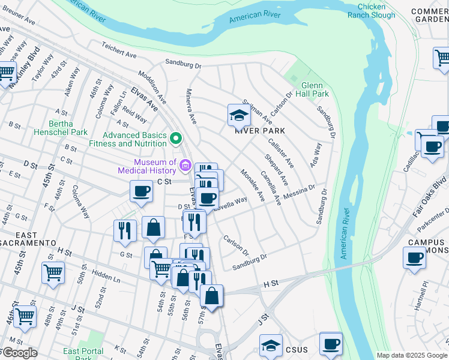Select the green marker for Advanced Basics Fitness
[176, 139]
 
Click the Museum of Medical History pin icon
[185, 166]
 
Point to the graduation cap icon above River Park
[238, 115]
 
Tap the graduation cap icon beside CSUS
[271, 346]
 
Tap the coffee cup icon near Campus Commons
[414, 259]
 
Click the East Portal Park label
[83, 355]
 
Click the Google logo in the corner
[19, 353]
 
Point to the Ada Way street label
[316, 154]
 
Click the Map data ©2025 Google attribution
[412, 355]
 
